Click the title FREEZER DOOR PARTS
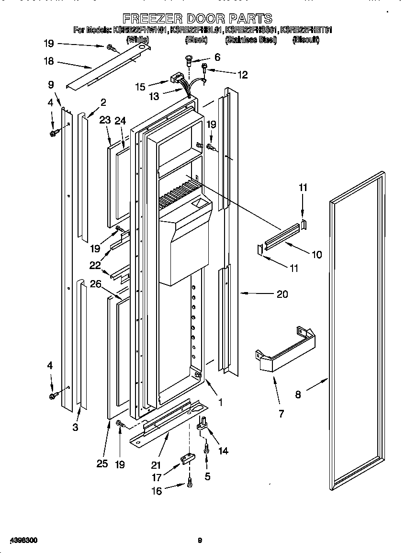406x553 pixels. click(x=197, y=19)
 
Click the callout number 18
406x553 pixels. click(x=48, y=61)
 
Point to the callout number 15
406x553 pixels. click(x=140, y=87)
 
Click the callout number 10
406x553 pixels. click(x=316, y=254)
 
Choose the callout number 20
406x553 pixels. click(x=282, y=294)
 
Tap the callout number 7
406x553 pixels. click(x=281, y=414)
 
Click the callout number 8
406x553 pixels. click(x=298, y=395)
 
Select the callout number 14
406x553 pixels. click(x=223, y=451)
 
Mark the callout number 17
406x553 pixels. click(x=156, y=477)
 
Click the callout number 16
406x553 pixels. click(x=156, y=490)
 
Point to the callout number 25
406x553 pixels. click(x=102, y=463)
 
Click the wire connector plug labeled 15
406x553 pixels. click(x=178, y=79)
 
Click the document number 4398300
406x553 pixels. click(x=23, y=540)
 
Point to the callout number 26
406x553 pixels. click(x=95, y=284)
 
